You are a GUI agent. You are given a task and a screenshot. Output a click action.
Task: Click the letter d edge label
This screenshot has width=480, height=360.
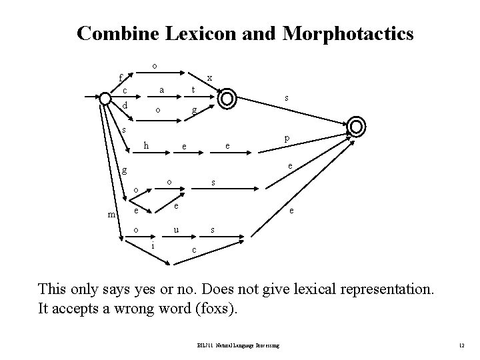click(x=125, y=105)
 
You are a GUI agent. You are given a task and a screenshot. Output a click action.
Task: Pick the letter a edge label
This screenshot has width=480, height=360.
click(x=161, y=89)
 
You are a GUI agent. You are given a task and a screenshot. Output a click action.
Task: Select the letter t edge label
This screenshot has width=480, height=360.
click(x=193, y=89)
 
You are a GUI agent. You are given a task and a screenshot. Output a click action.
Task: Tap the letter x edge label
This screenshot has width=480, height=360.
click(x=209, y=77)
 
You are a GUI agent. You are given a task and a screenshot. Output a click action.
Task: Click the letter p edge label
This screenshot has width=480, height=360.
click(x=287, y=138)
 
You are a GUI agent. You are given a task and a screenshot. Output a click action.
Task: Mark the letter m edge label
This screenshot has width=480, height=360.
click(x=111, y=214)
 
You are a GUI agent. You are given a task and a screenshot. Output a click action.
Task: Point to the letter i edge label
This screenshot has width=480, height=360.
click(x=153, y=245)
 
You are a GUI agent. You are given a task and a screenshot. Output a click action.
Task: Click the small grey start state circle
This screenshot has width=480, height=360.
click(x=105, y=99)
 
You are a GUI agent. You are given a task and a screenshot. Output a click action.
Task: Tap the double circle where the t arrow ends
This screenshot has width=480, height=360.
click(x=227, y=98)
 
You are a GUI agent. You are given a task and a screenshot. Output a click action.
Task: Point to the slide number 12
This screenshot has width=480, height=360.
click(x=461, y=345)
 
